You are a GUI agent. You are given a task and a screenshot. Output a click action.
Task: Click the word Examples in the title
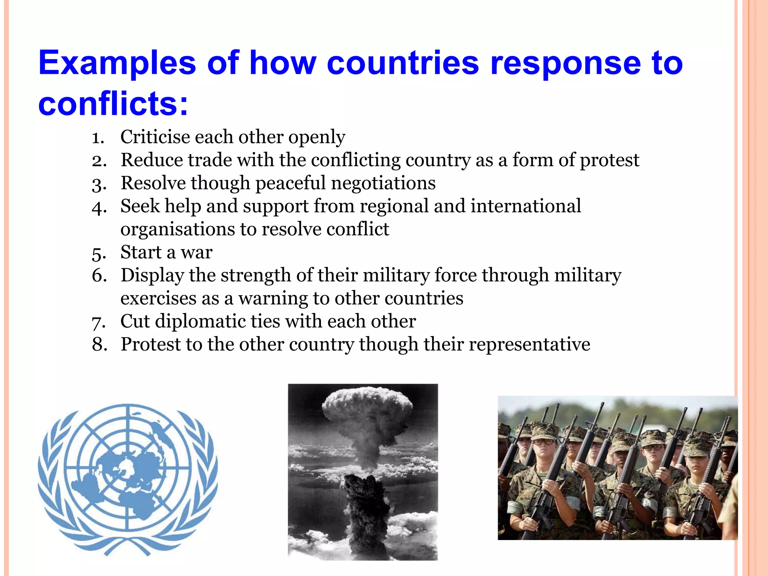coord(117,63)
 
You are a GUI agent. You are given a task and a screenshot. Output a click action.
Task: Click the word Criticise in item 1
coord(155,137)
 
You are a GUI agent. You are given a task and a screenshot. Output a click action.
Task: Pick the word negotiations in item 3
coord(383,183)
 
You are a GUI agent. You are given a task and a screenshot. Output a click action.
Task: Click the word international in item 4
coord(526,206)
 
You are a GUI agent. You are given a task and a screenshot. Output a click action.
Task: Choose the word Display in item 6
coord(152,276)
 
